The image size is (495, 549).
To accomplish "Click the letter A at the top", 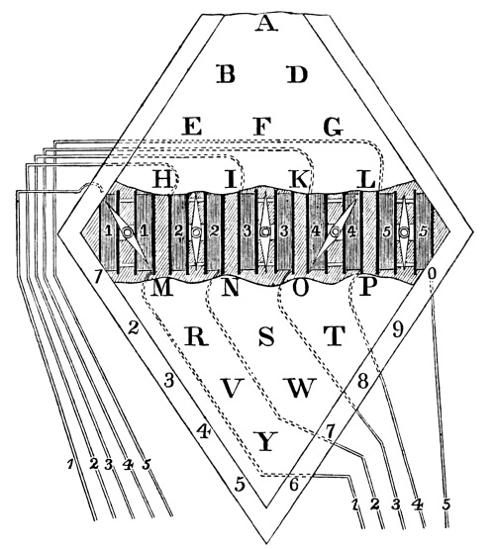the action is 266,24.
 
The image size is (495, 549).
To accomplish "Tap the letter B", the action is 226,74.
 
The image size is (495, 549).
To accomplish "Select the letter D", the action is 297,74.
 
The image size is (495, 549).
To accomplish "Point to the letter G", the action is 333,127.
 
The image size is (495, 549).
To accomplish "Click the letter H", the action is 162,179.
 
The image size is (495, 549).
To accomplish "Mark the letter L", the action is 366,179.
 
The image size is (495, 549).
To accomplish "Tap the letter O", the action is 300,289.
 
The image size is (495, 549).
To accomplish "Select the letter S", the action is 266,336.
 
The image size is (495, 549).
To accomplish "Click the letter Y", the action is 266,441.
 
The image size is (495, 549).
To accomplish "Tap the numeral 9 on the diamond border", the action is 397,329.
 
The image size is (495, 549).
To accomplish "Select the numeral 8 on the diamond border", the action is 363,381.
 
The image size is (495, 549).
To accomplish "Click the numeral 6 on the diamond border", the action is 294,485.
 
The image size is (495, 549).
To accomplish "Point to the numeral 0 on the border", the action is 432,273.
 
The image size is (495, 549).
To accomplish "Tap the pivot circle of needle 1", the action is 127,232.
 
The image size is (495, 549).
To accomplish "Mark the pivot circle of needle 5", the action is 404,231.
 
